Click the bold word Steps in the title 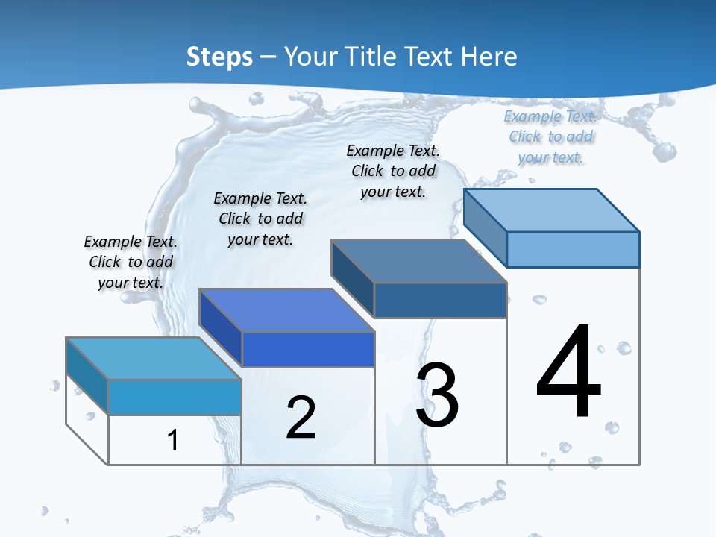tap(219, 57)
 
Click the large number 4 tap(568, 372)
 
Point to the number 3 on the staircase tap(437, 395)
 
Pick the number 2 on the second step tap(301, 418)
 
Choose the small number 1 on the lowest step tap(173, 440)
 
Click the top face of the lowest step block tap(154, 359)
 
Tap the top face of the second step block tap(286, 310)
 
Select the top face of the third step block tap(418, 261)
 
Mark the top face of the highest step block tap(552, 210)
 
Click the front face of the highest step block tap(573, 249)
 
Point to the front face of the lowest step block tap(175, 397)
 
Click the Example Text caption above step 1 tap(131, 262)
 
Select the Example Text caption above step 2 tap(260, 219)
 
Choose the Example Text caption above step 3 tap(393, 171)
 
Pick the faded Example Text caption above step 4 tap(550, 136)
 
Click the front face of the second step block tap(308, 349)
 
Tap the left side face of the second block tap(221, 327)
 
